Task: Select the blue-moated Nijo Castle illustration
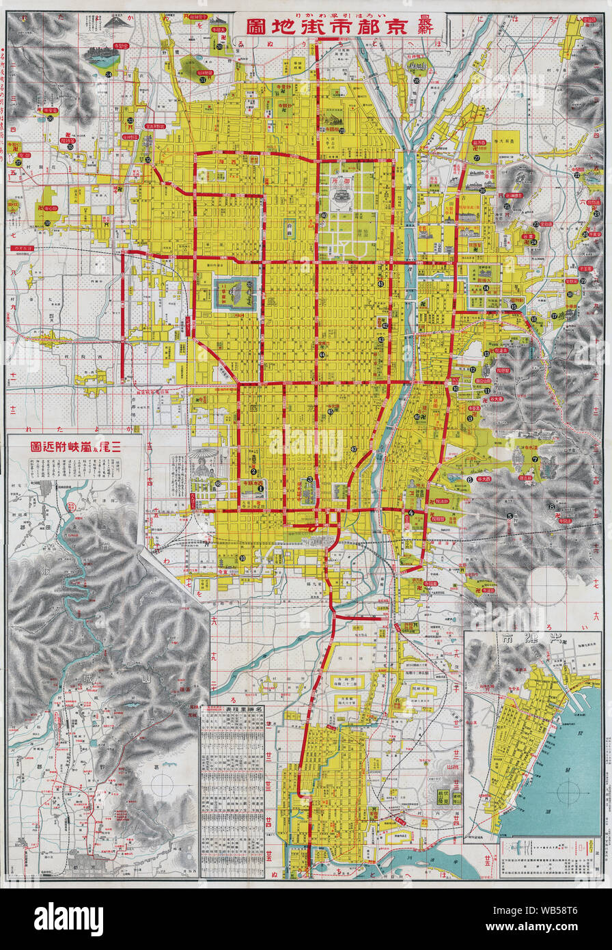236,293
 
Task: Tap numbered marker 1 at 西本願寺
260,480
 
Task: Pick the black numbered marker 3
309,479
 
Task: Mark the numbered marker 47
354,448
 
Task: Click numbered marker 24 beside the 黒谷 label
534,241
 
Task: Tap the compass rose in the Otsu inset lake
568,793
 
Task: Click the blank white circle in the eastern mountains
548,586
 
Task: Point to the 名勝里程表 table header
232,709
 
